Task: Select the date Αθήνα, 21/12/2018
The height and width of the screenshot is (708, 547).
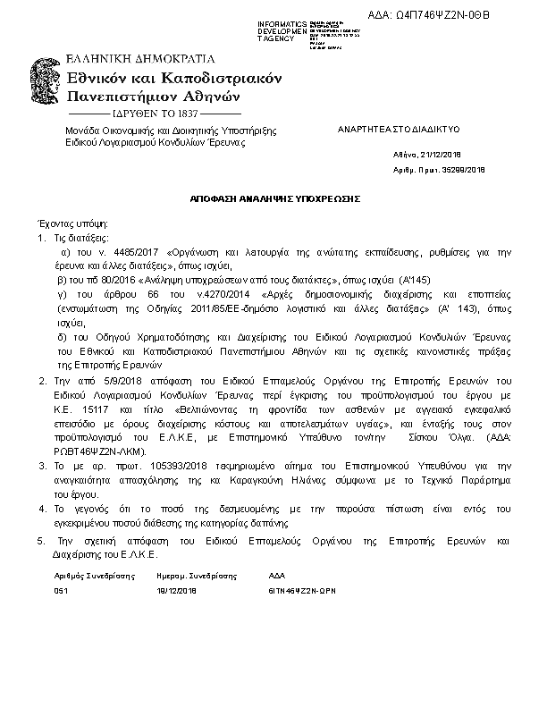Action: point(426,155)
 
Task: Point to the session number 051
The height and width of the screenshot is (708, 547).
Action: point(61,592)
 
